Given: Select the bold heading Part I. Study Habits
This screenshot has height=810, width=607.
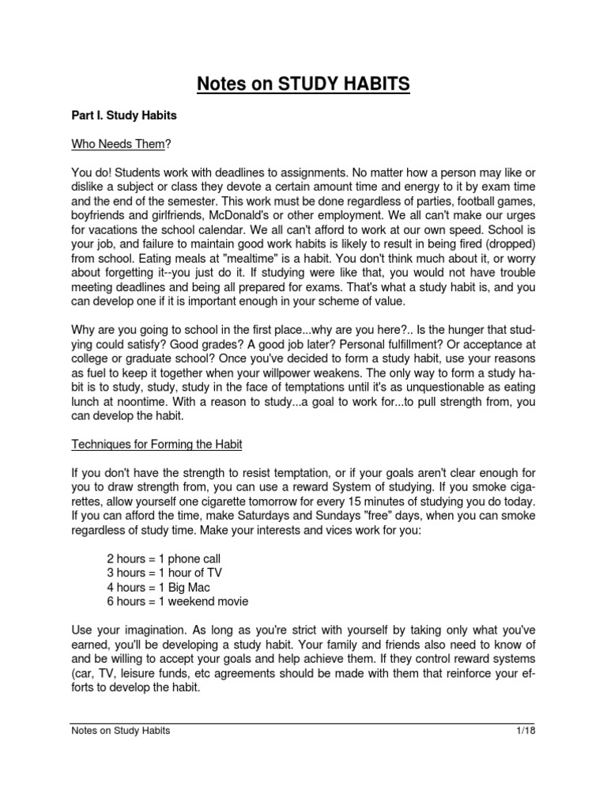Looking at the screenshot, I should (x=124, y=115).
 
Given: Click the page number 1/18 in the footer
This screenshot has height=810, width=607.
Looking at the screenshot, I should (x=525, y=731).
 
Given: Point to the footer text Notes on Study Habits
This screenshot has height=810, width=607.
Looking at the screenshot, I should (x=121, y=731).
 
